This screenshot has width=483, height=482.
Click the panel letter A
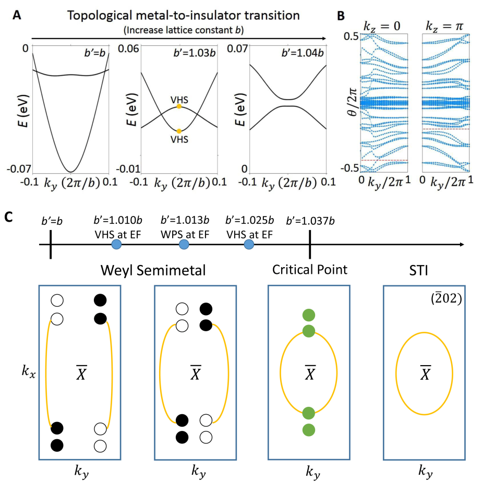tap(17, 15)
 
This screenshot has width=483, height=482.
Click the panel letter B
tap(341, 16)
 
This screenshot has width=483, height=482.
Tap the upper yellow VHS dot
tap(180, 106)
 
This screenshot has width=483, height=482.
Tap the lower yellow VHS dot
tap(180, 131)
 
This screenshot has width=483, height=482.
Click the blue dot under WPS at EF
tap(184, 245)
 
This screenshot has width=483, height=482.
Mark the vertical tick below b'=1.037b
tap(310, 245)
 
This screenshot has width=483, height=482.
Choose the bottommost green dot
tap(309, 430)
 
